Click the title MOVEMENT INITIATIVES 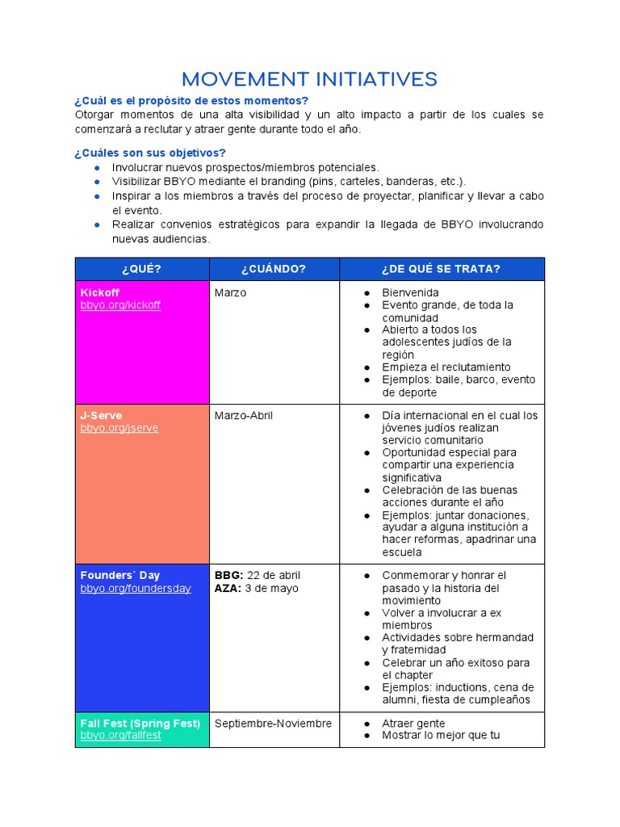pyautogui.click(x=309, y=79)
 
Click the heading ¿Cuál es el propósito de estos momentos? pyautogui.click(x=191, y=100)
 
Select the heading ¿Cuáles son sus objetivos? pyautogui.click(x=150, y=153)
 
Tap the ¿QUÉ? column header pyautogui.click(x=141, y=269)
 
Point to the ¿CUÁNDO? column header pyautogui.click(x=274, y=269)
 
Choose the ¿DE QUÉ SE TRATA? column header pyautogui.click(x=442, y=269)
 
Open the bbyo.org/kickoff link pyautogui.click(x=120, y=305)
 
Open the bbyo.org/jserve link pyautogui.click(x=119, y=428)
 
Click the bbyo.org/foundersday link pyautogui.click(x=136, y=588)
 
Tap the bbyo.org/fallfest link pyautogui.click(x=121, y=736)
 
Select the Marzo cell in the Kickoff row pyautogui.click(x=231, y=292)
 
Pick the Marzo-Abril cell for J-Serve pyautogui.click(x=244, y=415)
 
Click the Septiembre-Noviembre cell pyautogui.click(x=273, y=723)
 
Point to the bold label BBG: pyautogui.click(x=228, y=575)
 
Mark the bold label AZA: pyautogui.click(x=228, y=588)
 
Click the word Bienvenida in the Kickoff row pyautogui.click(x=411, y=292)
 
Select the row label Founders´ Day pyautogui.click(x=120, y=575)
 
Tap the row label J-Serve pyautogui.click(x=102, y=415)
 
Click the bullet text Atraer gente pyautogui.click(x=413, y=723)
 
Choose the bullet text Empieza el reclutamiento pyautogui.click(x=446, y=367)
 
